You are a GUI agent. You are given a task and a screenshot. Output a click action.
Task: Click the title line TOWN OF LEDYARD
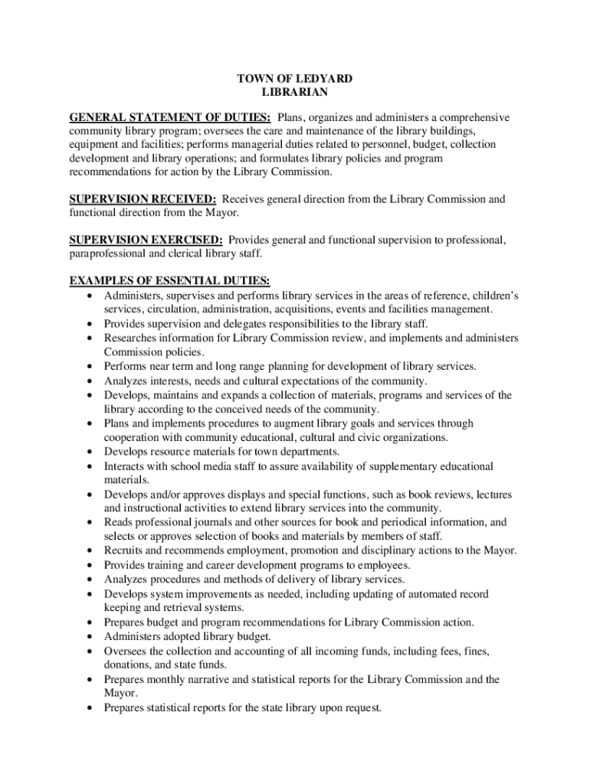(x=295, y=78)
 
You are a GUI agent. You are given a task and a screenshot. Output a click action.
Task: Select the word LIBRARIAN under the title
(x=295, y=92)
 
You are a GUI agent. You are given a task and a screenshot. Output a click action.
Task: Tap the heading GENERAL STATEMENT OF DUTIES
(x=169, y=117)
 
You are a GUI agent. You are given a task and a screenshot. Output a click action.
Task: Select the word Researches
(x=129, y=338)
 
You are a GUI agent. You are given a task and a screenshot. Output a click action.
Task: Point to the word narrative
(x=219, y=679)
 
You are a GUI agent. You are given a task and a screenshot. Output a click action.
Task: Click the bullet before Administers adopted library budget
(x=91, y=637)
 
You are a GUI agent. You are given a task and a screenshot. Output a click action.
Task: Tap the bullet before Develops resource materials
(x=91, y=452)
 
